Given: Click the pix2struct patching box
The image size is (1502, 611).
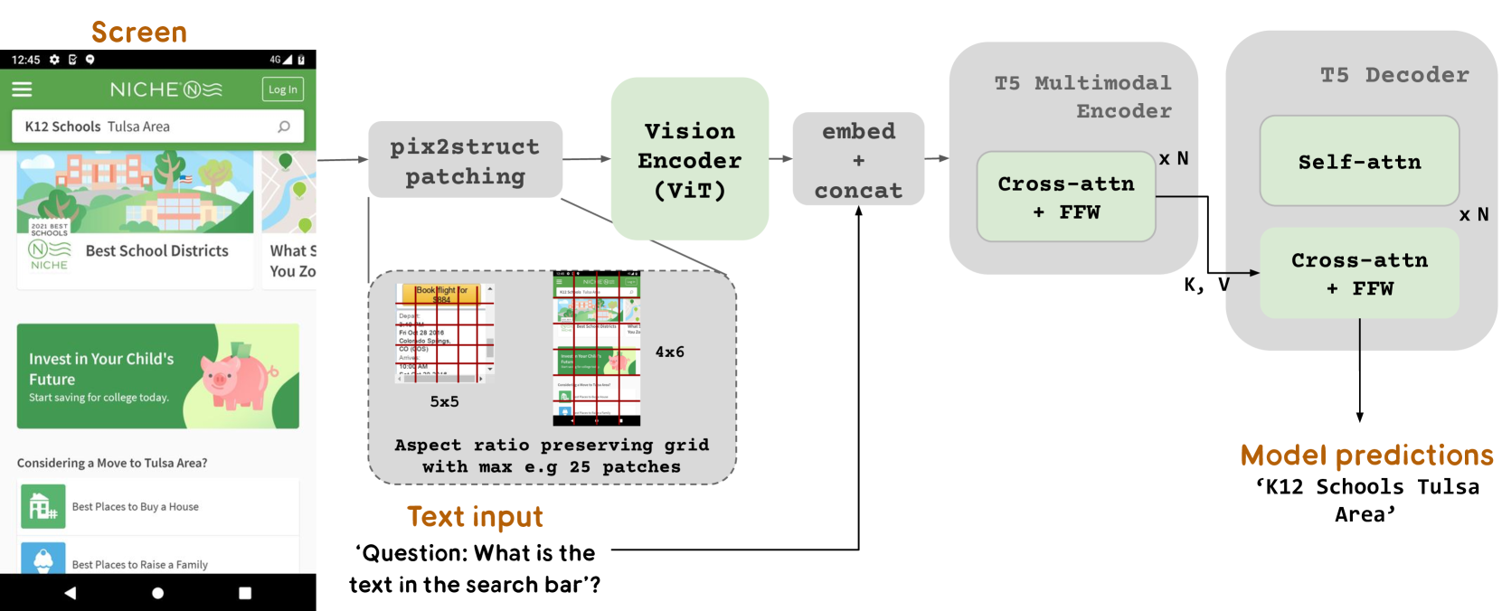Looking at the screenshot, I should (x=465, y=160).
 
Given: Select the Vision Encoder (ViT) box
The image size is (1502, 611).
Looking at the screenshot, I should (x=690, y=159).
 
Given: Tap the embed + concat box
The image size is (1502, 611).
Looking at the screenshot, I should (x=858, y=160).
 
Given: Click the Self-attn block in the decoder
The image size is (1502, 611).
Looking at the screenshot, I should (x=1359, y=162).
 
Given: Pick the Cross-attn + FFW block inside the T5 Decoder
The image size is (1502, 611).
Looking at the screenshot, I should (x=1359, y=274).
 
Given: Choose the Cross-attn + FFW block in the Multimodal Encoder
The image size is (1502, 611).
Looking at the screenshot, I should (x=1066, y=197).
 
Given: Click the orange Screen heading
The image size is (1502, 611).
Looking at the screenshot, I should (x=139, y=33).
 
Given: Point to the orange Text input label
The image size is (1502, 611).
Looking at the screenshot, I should (x=475, y=517).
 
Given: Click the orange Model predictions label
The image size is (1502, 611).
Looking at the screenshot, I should (x=1366, y=456).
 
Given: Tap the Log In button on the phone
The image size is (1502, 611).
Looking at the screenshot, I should (x=283, y=89).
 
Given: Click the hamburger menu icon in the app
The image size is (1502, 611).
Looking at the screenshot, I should (x=22, y=89).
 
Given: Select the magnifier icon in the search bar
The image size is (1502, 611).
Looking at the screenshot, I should (x=284, y=127).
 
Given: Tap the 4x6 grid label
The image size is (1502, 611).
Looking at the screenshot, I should (x=670, y=352).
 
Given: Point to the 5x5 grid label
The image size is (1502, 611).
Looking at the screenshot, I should (x=444, y=402).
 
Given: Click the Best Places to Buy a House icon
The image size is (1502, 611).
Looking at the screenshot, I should (x=43, y=506).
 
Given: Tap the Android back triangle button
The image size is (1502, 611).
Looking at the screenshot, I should (x=70, y=593).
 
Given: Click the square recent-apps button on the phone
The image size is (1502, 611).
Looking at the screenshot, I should (x=245, y=593).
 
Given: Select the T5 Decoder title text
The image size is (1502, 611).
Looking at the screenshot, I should (x=1394, y=75).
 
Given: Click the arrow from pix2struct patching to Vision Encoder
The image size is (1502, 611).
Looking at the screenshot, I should (x=587, y=159).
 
